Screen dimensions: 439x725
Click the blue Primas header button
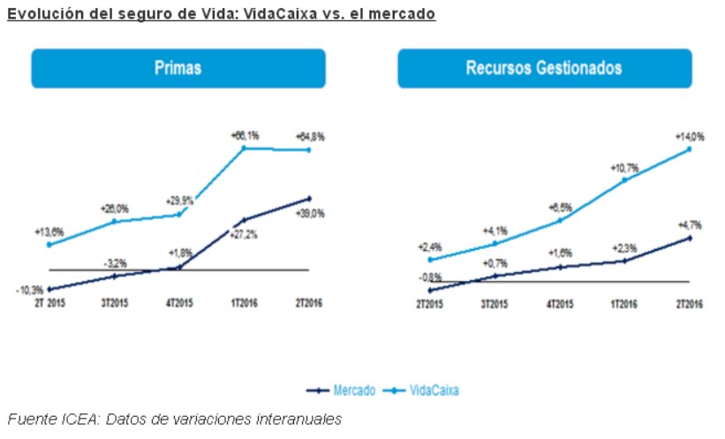177,68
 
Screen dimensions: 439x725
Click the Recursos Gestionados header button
544,68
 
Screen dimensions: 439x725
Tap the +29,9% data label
179,200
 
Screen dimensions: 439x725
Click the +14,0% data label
689,137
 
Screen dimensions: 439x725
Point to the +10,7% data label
623,167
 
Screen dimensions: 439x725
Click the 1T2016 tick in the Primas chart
244,304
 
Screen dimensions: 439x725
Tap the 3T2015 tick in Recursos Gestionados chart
494,304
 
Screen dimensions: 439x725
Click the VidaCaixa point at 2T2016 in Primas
309,150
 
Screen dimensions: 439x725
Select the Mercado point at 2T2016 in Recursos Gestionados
689,238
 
